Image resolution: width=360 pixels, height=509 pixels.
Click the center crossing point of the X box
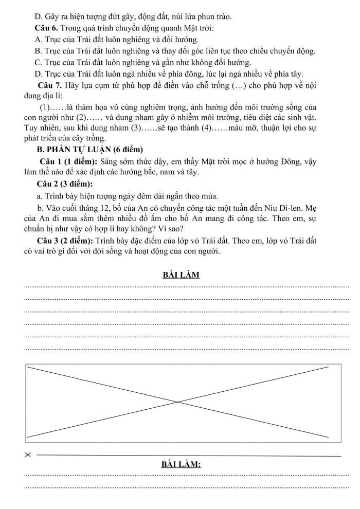point(178,402)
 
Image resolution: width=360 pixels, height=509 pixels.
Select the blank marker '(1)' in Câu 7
point(45,107)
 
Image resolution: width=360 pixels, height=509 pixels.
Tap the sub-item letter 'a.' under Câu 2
point(40,195)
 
